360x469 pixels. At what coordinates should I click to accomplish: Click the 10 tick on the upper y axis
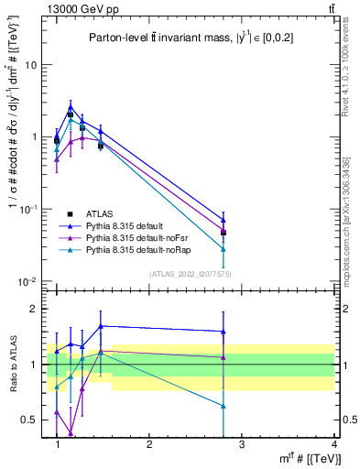(30, 65)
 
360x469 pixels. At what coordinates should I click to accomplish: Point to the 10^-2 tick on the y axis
(28, 281)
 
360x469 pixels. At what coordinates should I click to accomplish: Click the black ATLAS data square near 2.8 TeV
(223, 233)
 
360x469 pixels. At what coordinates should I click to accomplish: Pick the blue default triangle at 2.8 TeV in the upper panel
(223, 220)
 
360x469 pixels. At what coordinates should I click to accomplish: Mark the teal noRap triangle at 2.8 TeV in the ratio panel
(223, 405)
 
